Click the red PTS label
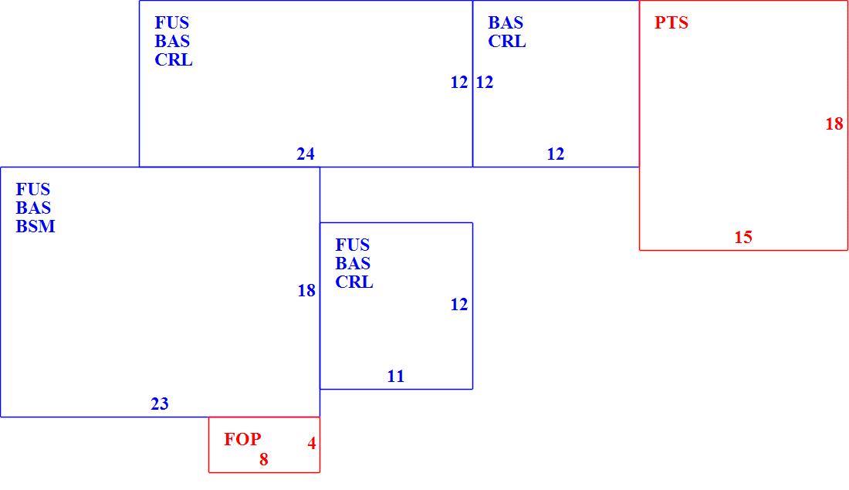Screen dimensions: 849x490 click(671, 22)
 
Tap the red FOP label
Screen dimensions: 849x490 click(242, 439)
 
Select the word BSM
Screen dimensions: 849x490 click(36, 226)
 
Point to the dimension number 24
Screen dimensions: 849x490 click(306, 154)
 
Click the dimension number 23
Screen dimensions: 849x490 click(160, 404)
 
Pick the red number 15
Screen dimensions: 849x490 click(743, 237)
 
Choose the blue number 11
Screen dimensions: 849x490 click(396, 377)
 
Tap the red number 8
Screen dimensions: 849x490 click(264, 460)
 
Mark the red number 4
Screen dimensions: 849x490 click(312, 444)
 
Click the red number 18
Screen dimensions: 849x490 click(834, 124)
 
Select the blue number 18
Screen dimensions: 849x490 click(306, 291)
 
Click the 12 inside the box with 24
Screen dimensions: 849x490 click(459, 83)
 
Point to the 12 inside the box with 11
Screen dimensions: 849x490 click(459, 305)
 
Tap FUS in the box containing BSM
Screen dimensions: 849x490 click(33, 190)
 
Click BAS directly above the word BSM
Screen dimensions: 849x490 click(33, 208)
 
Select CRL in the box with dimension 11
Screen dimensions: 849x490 click(354, 282)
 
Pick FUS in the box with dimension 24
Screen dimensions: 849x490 click(172, 22)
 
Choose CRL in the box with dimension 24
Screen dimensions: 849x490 click(174, 60)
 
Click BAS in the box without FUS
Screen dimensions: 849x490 click(506, 22)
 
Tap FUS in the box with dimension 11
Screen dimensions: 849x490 click(353, 245)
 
